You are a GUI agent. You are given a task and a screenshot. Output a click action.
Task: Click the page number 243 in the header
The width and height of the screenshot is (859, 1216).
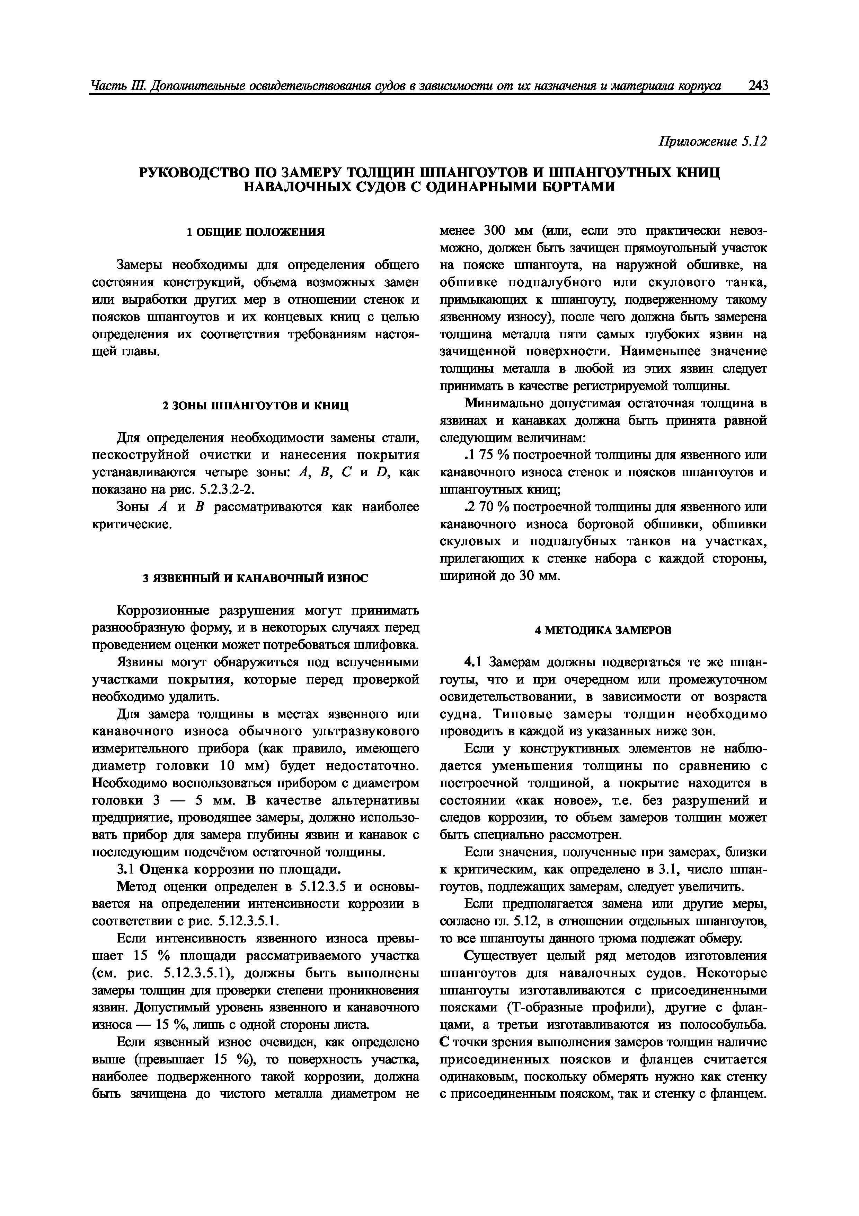758,86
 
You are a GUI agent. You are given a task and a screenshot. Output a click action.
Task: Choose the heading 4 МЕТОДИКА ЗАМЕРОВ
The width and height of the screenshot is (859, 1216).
603,630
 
